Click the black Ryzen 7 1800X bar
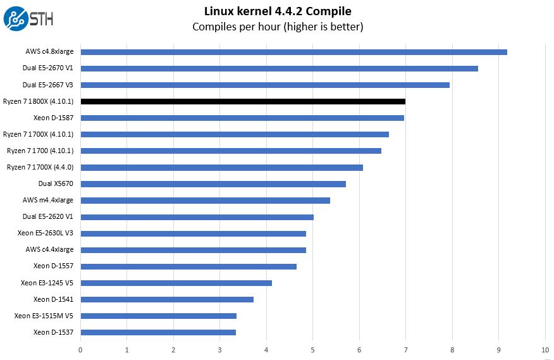tap(243, 101)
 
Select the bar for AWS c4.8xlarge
tap(294, 52)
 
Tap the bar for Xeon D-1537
tap(158, 332)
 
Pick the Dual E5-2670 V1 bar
tap(280, 68)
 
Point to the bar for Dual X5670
tap(213, 184)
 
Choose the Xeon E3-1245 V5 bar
tap(176, 283)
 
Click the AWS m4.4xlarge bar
tap(206, 201)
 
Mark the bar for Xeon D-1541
tap(167, 299)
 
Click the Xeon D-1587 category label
tap(53, 118)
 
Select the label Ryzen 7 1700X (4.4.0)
tap(40, 167)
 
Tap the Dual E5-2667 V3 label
tap(47, 85)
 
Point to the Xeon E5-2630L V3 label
tap(46, 233)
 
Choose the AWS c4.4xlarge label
tap(49, 250)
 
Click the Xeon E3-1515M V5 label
tap(44, 316)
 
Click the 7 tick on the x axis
tap(405, 350)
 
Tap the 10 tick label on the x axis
tap(545, 350)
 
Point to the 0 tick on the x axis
tap(80, 350)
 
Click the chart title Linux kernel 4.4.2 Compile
tap(278, 11)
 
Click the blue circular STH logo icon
tap(16, 19)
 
